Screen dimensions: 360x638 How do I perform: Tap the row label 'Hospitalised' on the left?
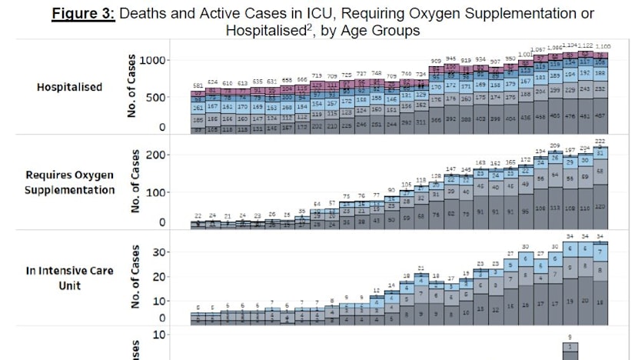(69, 87)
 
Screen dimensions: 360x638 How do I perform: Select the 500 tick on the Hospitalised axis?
(154, 97)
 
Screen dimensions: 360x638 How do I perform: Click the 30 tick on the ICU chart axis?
(159, 252)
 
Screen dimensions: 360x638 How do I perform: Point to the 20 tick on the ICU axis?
(159, 276)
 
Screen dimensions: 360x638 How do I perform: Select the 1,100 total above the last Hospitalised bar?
(603, 47)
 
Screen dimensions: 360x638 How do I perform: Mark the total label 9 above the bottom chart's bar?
(570, 337)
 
